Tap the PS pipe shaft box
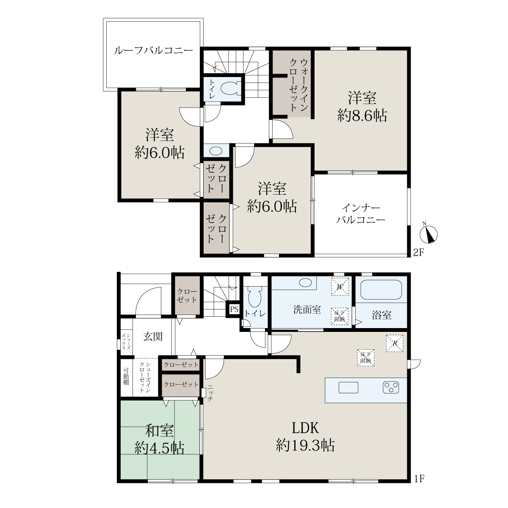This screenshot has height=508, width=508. [x=234, y=309]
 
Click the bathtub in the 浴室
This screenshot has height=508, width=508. [x=381, y=290]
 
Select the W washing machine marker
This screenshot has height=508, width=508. [x=340, y=287]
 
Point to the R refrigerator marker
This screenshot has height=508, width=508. [x=395, y=343]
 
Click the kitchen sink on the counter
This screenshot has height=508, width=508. [x=348, y=387]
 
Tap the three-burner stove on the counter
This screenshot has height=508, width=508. [x=391, y=387]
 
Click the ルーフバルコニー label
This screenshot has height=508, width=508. [x=153, y=50]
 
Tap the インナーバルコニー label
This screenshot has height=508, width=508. [x=361, y=214]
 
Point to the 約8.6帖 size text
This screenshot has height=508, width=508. [x=362, y=116]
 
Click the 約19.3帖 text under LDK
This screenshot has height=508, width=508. [x=305, y=445]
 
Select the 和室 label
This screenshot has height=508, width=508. [x=160, y=431]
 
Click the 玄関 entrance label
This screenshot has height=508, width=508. [x=153, y=337]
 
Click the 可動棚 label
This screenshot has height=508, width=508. [x=126, y=376]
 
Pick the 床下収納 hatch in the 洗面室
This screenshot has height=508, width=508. [x=340, y=316]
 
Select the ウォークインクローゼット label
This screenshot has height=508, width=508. [x=299, y=85]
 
